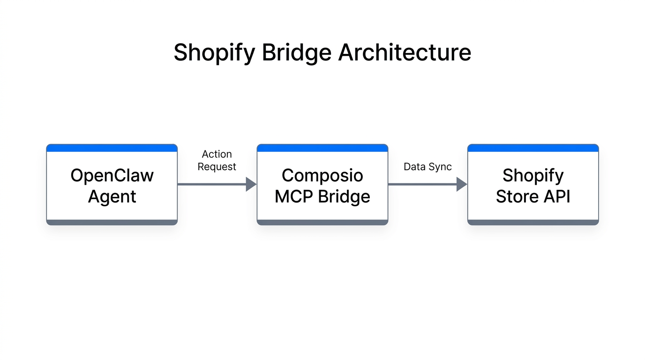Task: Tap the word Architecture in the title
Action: (x=405, y=52)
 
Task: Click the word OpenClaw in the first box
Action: (x=112, y=175)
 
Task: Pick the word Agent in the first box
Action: (x=112, y=196)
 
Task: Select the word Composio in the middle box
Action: (x=322, y=175)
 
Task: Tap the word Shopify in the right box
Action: (x=533, y=175)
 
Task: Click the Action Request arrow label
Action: (x=217, y=160)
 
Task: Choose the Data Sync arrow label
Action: (x=427, y=167)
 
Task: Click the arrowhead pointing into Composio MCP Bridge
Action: (x=251, y=184)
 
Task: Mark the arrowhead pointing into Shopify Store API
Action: (x=462, y=184)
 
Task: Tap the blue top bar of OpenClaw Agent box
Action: (x=112, y=148)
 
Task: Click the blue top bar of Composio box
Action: (x=322, y=148)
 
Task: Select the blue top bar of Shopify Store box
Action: (x=533, y=148)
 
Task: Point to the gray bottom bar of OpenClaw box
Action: (x=112, y=222)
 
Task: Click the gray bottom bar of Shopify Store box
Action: (x=533, y=222)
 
